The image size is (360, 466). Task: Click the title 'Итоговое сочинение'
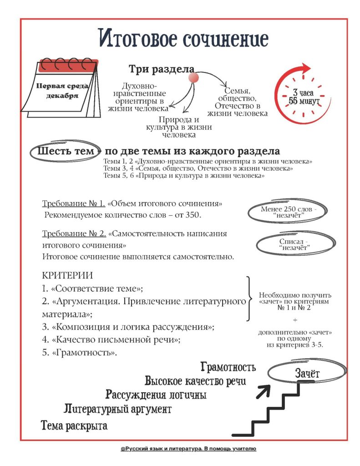click(x=184, y=39)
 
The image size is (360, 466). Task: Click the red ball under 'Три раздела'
click(x=194, y=77)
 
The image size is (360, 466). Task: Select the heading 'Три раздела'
click(x=162, y=69)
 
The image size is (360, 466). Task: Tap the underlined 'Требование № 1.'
click(x=74, y=203)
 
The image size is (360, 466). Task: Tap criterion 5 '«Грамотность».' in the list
click(x=80, y=353)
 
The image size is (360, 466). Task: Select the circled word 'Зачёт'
click(x=307, y=373)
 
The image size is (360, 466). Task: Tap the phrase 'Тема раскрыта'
click(x=74, y=426)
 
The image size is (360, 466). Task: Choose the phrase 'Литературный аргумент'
click(x=117, y=409)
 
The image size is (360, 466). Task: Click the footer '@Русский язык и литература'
click(x=188, y=448)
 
